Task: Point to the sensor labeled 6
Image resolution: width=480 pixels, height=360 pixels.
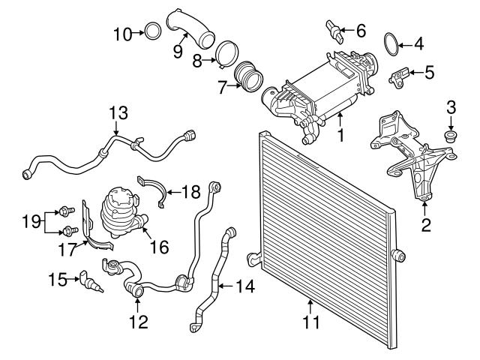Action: [334, 29]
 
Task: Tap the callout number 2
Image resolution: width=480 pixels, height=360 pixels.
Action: [425, 223]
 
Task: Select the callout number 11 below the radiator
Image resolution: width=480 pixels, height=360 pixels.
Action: [310, 323]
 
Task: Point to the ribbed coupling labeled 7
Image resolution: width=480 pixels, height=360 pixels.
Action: [247, 78]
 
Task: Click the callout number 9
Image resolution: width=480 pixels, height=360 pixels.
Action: [178, 50]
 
